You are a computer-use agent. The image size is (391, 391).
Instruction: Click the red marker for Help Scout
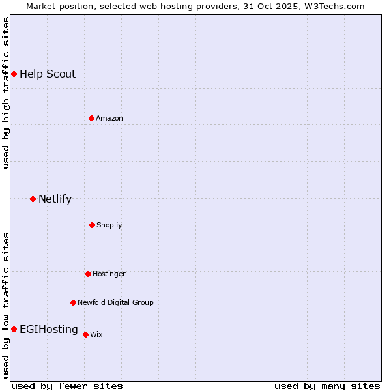[x=14, y=74]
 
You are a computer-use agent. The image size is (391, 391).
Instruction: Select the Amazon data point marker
[x=91, y=118]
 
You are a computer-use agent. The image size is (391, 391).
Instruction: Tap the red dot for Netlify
[x=33, y=199]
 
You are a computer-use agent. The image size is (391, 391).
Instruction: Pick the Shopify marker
[x=92, y=225]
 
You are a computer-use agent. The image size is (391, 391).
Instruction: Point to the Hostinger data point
[x=88, y=274]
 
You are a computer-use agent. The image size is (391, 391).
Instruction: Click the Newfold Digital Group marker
[x=73, y=302]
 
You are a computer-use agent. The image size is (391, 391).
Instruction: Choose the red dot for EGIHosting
[x=14, y=329]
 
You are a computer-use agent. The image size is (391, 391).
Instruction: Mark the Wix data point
[x=85, y=334]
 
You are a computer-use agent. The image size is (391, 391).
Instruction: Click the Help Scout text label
[x=48, y=74]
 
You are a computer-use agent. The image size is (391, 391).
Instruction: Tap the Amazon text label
[x=109, y=118]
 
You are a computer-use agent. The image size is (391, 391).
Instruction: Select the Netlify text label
[x=55, y=199]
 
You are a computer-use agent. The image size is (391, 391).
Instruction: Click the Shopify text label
[x=109, y=225]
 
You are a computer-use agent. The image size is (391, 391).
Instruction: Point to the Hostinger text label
[x=109, y=274]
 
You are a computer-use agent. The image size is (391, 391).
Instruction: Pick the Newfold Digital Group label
[x=115, y=302]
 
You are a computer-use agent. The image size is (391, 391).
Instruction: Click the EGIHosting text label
[x=49, y=329]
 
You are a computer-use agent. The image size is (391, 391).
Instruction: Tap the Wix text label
[x=96, y=334]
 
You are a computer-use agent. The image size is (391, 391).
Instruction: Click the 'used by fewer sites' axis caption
[x=67, y=386]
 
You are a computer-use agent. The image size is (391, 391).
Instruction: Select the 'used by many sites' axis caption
[x=327, y=386]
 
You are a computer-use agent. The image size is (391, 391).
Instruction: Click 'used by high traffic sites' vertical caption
[x=6, y=93]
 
